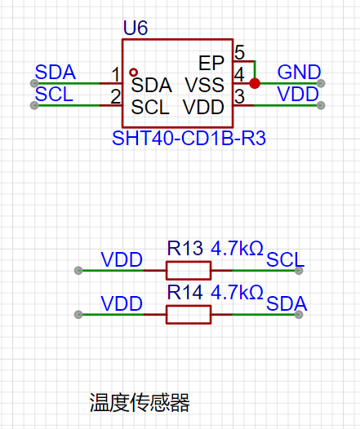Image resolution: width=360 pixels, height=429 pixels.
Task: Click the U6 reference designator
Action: pyautogui.click(x=136, y=28)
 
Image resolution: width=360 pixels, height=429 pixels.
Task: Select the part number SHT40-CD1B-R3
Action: pyautogui.click(x=189, y=138)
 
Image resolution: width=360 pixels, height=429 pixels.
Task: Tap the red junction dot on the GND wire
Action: pyautogui.click(x=255, y=83)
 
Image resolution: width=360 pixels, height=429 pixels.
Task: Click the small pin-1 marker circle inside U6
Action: pyautogui.click(x=133, y=73)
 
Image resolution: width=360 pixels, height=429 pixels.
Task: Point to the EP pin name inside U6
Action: pyautogui.click(x=211, y=63)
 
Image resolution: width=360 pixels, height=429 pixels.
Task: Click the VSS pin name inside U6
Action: pyautogui.click(x=205, y=85)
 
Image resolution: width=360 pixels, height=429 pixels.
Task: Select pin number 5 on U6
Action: pyautogui.click(x=239, y=52)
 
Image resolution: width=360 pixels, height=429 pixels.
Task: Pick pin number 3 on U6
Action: pyautogui.click(x=239, y=96)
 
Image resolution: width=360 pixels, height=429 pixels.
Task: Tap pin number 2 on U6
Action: pyautogui.click(x=116, y=96)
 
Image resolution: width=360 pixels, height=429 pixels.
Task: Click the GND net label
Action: pyautogui.click(x=299, y=73)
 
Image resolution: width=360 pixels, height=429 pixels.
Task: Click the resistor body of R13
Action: pyautogui.click(x=189, y=271)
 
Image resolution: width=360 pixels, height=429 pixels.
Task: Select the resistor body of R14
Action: pyautogui.click(x=189, y=315)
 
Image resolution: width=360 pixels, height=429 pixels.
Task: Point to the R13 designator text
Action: pyautogui.click(x=185, y=248)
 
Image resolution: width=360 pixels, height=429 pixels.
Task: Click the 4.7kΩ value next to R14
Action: pyautogui.click(x=237, y=292)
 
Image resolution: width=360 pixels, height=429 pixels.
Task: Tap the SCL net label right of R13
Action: pyautogui.click(x=285, y=259)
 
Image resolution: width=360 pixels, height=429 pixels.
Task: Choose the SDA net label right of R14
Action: pyautogui.click(x=287, y=303)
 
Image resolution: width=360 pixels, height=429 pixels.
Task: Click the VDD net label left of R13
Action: pyautogui.click(x=122, y=259)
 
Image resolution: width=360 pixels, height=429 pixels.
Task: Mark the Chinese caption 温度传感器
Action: pyautogui.click(x=140, y=402)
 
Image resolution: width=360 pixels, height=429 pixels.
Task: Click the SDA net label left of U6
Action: pyautogui.click(x=56, y=73)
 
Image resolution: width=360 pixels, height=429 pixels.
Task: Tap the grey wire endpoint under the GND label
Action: pyautogui.click(x=321, y=83)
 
